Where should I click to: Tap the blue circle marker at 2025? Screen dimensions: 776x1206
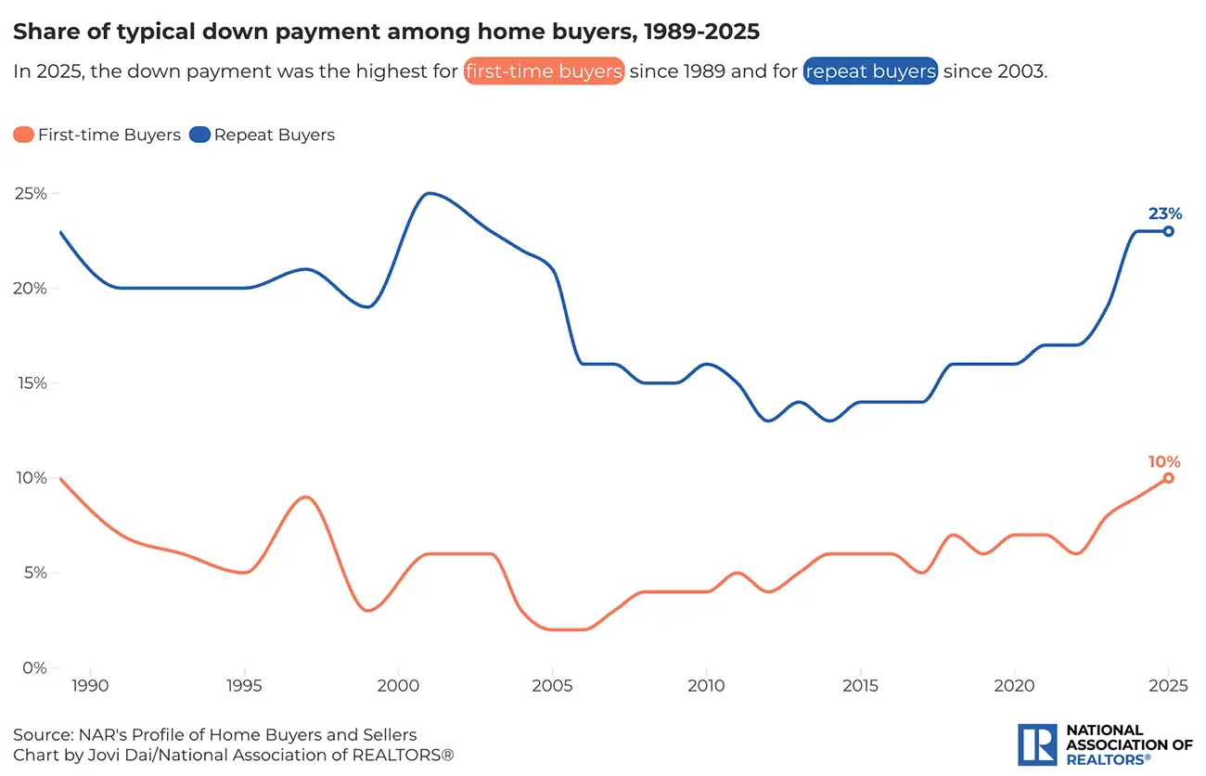(1169, 231)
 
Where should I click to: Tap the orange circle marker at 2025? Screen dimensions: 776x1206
(1169, 478)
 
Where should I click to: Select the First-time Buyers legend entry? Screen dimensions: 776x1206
(96, 135)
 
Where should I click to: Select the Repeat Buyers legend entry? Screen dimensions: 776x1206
(262, 135)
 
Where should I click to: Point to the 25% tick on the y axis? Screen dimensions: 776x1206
(31, 194)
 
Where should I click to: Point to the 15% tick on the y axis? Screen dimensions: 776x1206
(31, 383)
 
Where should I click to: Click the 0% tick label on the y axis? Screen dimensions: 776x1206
(35, 667)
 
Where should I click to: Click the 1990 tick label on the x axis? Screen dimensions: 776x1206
(91, 686)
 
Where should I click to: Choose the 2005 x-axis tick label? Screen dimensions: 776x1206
(552, 686)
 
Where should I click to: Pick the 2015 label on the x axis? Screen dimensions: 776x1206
(860, 686)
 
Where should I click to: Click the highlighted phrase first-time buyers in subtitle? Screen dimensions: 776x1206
(544, 71)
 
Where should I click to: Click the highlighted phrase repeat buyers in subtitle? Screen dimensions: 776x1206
(871, 71)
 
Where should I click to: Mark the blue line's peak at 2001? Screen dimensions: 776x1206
(429, 193)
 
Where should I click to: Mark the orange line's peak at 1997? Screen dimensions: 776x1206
(306, 497)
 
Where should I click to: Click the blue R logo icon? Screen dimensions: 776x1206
(1037, 744)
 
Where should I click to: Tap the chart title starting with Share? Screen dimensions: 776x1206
(386, 32)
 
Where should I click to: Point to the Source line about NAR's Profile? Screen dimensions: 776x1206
(214, 735)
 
